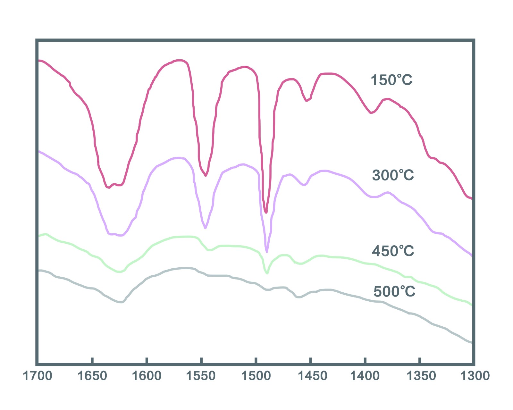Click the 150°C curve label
391,80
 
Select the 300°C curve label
393,175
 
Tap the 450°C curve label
393,251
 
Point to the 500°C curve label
394,291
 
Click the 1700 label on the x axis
38,376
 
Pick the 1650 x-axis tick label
92,376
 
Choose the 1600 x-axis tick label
147,376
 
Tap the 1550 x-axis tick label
201,376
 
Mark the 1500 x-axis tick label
256,376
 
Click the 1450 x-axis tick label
310,376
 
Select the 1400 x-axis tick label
365,376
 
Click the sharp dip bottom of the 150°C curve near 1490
266,212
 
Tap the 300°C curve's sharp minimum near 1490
267,252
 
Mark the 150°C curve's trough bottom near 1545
206,176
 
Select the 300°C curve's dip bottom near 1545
205,228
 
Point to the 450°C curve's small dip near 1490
267,273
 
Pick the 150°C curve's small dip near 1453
307,101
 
